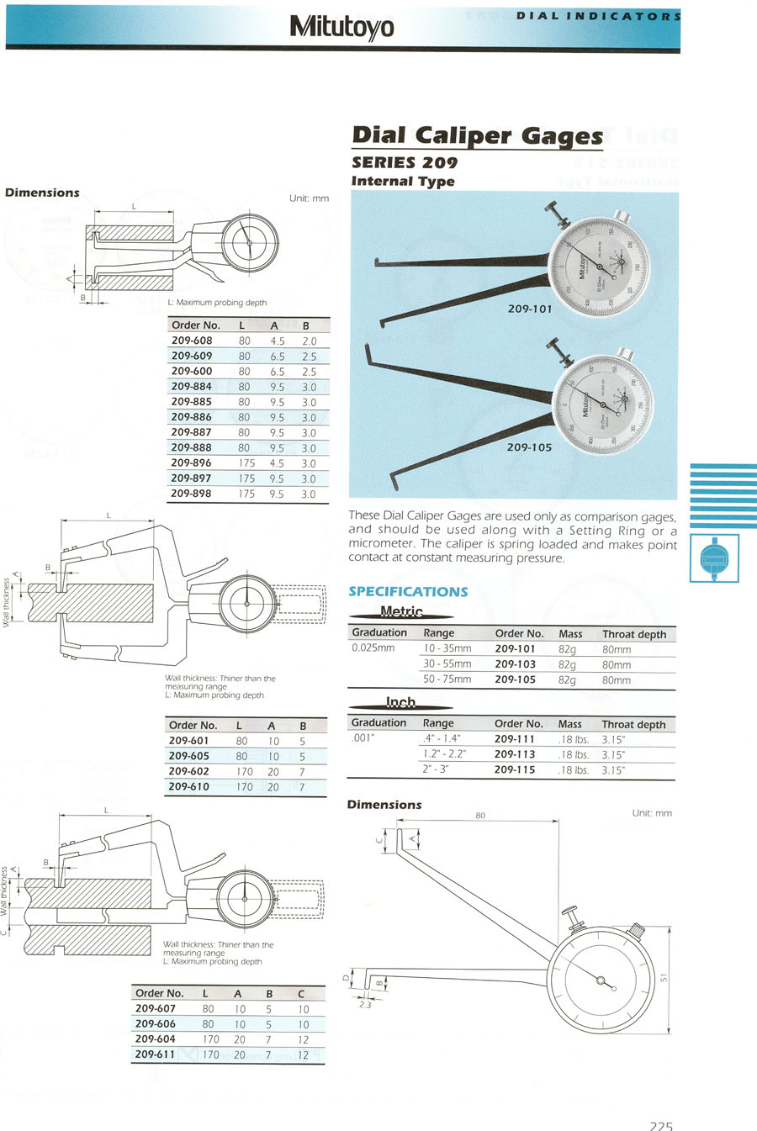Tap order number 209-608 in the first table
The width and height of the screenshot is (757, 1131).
coord(192,341)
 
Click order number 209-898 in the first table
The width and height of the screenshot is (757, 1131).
coord(192,494)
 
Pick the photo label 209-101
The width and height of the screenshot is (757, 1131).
coord(530,309)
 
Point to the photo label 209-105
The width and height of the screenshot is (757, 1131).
coord(529,447)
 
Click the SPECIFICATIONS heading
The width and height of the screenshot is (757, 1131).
coord(408,591)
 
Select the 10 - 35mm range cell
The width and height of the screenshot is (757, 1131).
coord(447,648)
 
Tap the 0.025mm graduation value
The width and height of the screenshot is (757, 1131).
coord(373,648)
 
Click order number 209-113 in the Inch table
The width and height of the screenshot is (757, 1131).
coord(515,754)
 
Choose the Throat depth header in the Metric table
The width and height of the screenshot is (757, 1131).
coord(633,634)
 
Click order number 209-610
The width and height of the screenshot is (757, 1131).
coord(189,787)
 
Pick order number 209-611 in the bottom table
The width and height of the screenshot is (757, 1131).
coord(156,1054)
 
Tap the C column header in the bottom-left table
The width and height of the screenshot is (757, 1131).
coord(301,993)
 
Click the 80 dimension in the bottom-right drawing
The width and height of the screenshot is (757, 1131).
coord(480,815)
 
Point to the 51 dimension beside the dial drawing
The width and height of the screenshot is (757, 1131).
coord(664,978)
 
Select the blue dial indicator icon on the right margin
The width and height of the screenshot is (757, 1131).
coord(714,557)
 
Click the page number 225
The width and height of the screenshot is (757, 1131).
coord(661,1125)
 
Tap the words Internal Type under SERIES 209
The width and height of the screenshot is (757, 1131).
coord(403,181)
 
